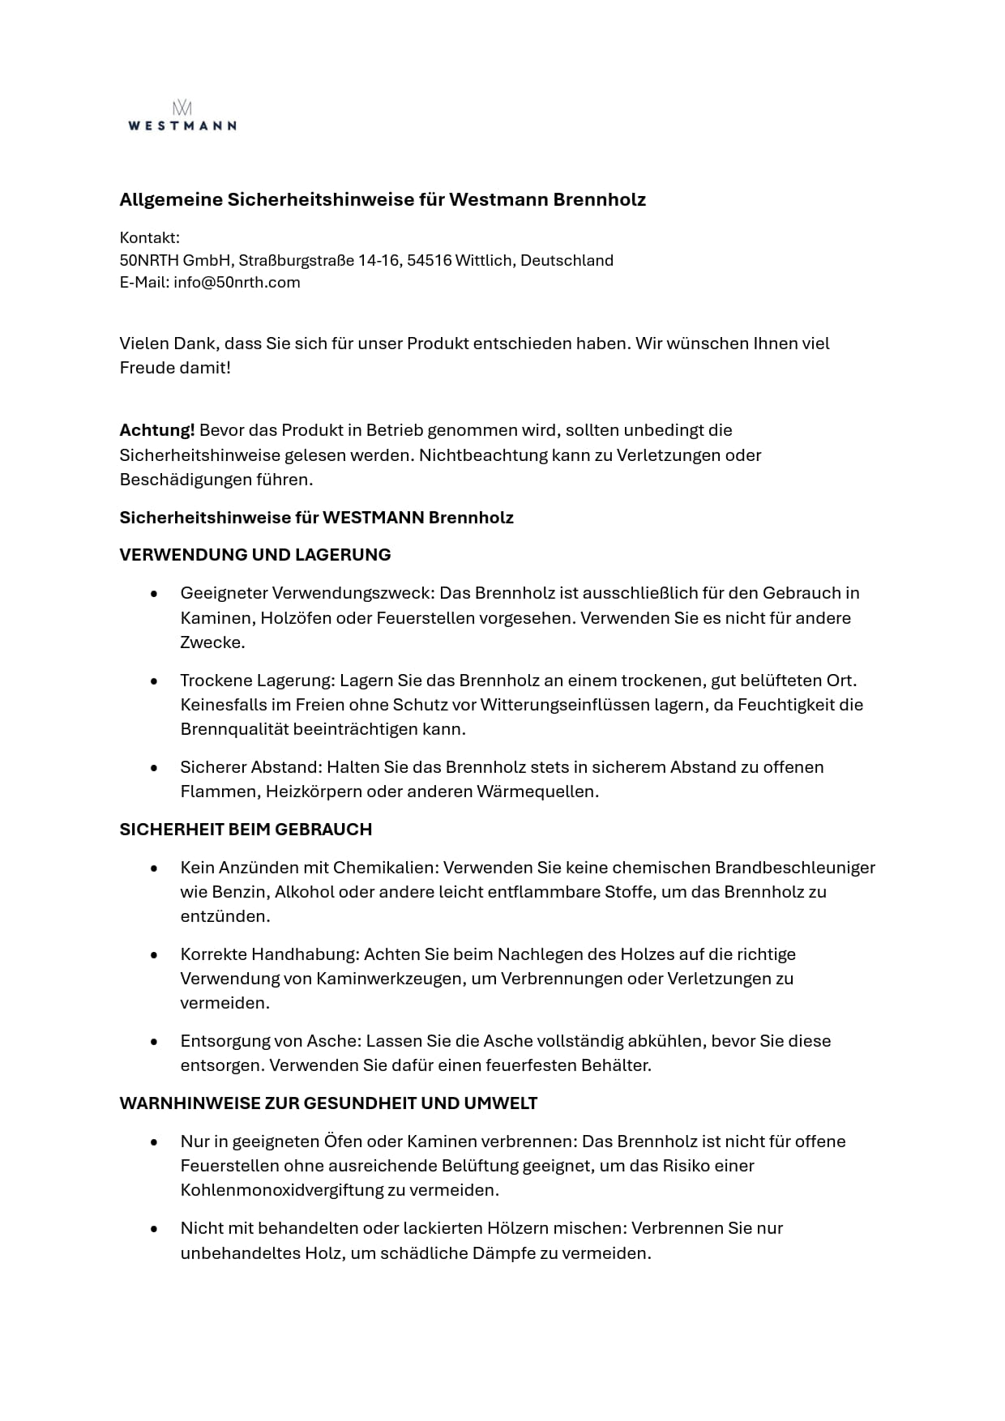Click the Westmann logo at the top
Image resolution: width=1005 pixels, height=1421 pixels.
tap(182, 116)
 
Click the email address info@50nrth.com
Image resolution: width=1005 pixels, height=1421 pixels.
tap(237, 283)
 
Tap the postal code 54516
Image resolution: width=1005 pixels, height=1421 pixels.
tap(429, 261)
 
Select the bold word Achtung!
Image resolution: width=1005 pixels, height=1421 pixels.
tap(157, 430)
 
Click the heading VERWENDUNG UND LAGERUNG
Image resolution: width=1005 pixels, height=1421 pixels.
tap(255, 555)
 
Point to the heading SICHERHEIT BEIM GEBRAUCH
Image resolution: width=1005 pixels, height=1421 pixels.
tap(246, 830)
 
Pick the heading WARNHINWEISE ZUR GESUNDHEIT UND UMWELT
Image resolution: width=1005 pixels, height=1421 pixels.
tap(328, 1103)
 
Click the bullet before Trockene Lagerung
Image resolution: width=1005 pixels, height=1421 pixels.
tap(154, 681)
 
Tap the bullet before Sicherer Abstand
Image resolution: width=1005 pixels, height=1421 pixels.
tap(154, 767)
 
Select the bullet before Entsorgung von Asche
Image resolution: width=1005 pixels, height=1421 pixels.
tap(154, 1041)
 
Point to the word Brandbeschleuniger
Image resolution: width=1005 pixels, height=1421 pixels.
tap(794, 868)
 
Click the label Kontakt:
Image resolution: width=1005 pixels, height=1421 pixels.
tap(150, 238)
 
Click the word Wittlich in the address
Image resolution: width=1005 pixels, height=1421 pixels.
tap(483, 261)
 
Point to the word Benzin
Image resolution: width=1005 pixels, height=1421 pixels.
tap(238, 892)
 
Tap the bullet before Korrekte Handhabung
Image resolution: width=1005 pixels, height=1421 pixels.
tap(154, 954)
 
